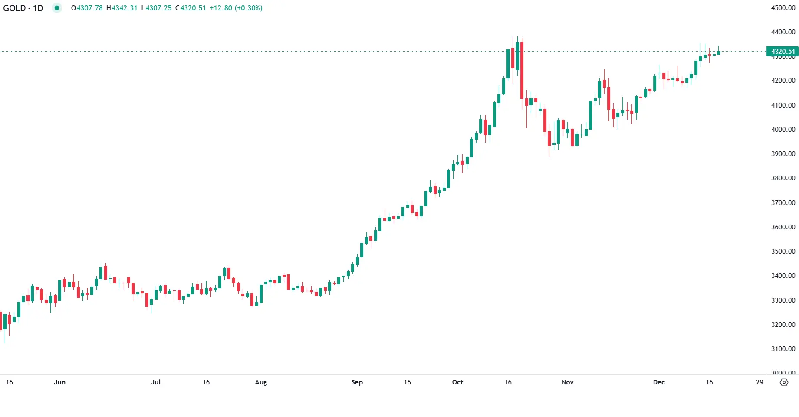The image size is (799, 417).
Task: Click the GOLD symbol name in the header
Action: point(14,8)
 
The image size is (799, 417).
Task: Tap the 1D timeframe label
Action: point(38,8)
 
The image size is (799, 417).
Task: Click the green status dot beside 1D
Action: point(57,8)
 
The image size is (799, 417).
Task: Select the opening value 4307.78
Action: point(89,8)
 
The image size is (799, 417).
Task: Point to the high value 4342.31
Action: point(124,8)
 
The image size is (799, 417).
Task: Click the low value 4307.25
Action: point(159,8)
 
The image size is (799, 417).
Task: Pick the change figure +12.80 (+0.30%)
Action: point(236,8)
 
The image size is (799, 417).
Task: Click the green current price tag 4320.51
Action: point(783,52)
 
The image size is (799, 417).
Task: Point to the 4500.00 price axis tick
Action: point(783,8)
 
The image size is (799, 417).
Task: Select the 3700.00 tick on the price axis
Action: point(783,203)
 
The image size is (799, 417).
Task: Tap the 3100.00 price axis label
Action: point(783,349)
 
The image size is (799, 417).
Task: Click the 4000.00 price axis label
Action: point(783,130)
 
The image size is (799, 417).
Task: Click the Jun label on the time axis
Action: point(59,382)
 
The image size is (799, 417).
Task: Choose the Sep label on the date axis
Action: point(357,382)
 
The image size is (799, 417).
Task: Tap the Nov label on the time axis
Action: point(567,382)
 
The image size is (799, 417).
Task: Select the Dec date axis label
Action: point(659,382)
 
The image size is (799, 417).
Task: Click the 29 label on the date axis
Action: point(760,382)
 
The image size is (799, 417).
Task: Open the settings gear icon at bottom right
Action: point(784,382)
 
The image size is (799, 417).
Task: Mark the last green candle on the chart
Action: point(719,53)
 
